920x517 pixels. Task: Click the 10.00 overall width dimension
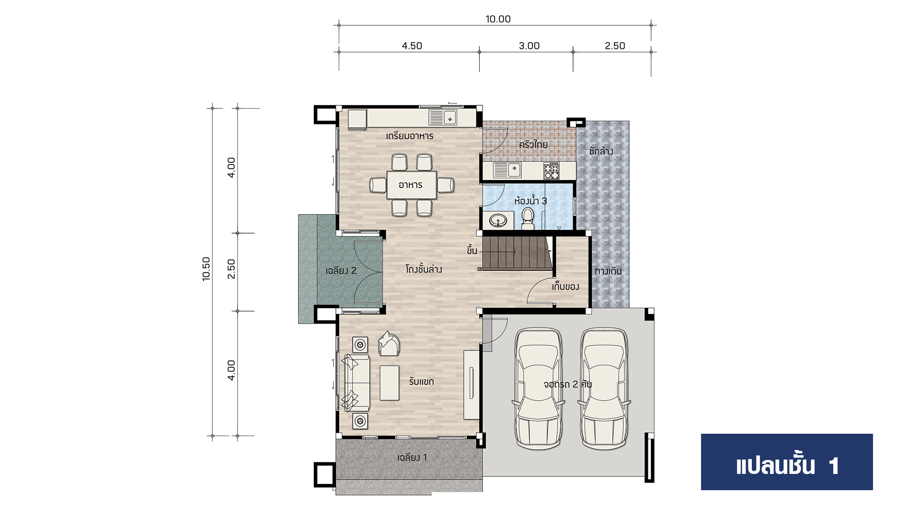point(498,19)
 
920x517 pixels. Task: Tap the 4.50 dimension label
point(412,46)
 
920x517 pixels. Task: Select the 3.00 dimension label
point(529,46)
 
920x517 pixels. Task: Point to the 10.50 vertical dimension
point(207,269)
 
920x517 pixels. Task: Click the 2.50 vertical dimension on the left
point(231,269)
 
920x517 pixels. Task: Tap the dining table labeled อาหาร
point(411,185)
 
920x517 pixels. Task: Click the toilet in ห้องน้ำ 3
point(528,218)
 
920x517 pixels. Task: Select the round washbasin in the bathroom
point(498,221)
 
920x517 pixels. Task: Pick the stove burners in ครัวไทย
point(551,171)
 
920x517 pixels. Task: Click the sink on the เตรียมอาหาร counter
point(443,118)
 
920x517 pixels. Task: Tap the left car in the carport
point(538,388)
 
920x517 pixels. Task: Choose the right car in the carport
point(604,388)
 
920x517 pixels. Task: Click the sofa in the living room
point(356,383)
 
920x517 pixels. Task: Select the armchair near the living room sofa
point(389,343)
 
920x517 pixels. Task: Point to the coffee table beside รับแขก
point(390,383)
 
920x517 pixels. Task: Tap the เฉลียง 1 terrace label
point(412,458)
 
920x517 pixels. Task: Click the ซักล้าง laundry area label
point(601,151)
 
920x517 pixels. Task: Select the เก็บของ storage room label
point(565,287)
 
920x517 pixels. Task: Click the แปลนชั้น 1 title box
point(787,462)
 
